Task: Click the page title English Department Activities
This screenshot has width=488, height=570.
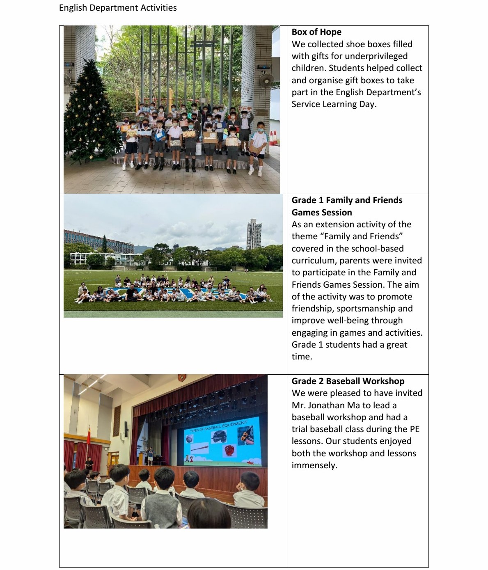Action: (118, 8)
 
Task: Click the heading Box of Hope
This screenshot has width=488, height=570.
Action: (316, 32)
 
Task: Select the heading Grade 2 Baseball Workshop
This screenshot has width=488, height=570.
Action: (348, 381)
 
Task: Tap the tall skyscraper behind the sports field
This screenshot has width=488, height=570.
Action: (254, 235)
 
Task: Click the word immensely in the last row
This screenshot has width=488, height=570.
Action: (314, 465)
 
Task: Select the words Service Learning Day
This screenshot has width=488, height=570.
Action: (334, 104)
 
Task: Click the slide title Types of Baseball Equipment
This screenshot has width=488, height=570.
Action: (219, 426)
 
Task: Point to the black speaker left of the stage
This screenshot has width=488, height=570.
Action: (126, 429)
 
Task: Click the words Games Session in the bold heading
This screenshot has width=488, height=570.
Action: (322, 213)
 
